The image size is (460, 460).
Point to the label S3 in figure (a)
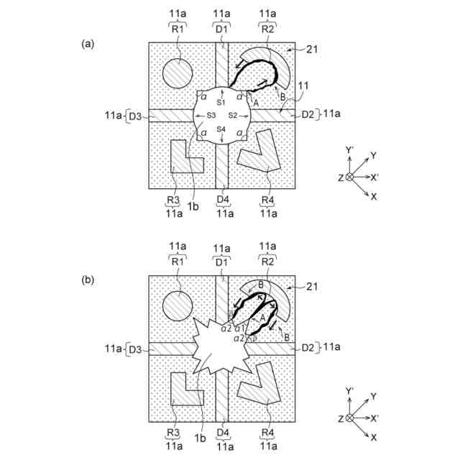point(211,115)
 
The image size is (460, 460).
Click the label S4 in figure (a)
point(221,129)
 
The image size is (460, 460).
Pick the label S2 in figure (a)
point(233,115)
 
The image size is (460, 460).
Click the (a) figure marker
point(88,44)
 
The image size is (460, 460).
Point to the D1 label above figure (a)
point(221,29)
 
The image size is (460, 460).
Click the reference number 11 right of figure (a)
point(304,86)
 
